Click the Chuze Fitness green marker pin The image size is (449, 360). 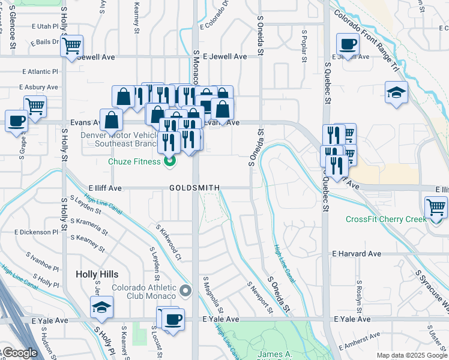tap(170, 161)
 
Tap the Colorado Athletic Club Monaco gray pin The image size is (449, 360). tap(185, 292)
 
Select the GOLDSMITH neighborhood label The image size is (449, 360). tap(194, 188)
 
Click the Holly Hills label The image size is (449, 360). tap(97, 274)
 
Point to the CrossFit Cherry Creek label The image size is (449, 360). tap(385, 219)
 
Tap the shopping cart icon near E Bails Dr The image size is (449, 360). tap(71, 46)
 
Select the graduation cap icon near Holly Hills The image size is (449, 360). tap(102, 308)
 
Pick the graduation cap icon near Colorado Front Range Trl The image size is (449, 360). tap(397, 94)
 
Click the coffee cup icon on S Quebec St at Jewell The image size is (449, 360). tap(348, 44)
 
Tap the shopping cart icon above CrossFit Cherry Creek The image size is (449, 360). tap(436, 208)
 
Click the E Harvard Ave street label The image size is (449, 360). tap(357, 254)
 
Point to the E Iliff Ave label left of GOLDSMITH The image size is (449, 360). tap(105, 188)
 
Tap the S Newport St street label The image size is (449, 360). tap(260, 296)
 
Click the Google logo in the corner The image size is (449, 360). tap(19, 353)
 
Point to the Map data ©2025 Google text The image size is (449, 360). tap(411, 355)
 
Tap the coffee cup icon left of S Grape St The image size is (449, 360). tap(16, 120)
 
